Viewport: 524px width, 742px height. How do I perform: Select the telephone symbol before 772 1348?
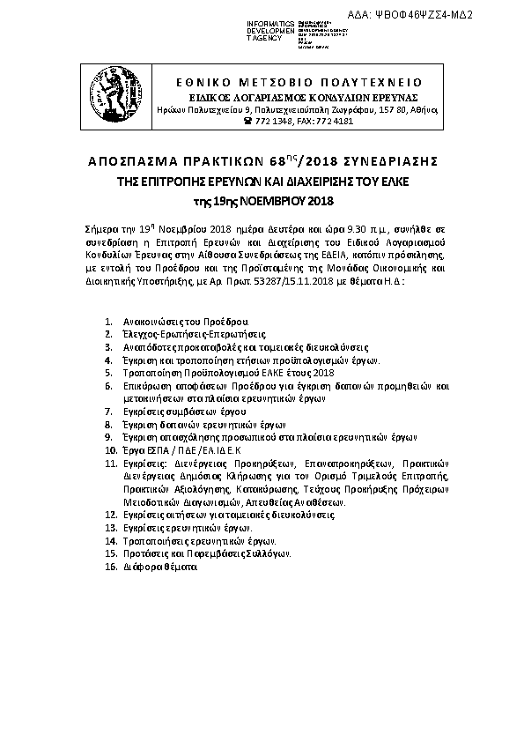pos(248,121)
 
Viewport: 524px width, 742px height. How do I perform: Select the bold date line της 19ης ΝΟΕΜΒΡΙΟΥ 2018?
pos(262,201)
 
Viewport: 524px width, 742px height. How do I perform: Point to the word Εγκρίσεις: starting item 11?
pos(145,462)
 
